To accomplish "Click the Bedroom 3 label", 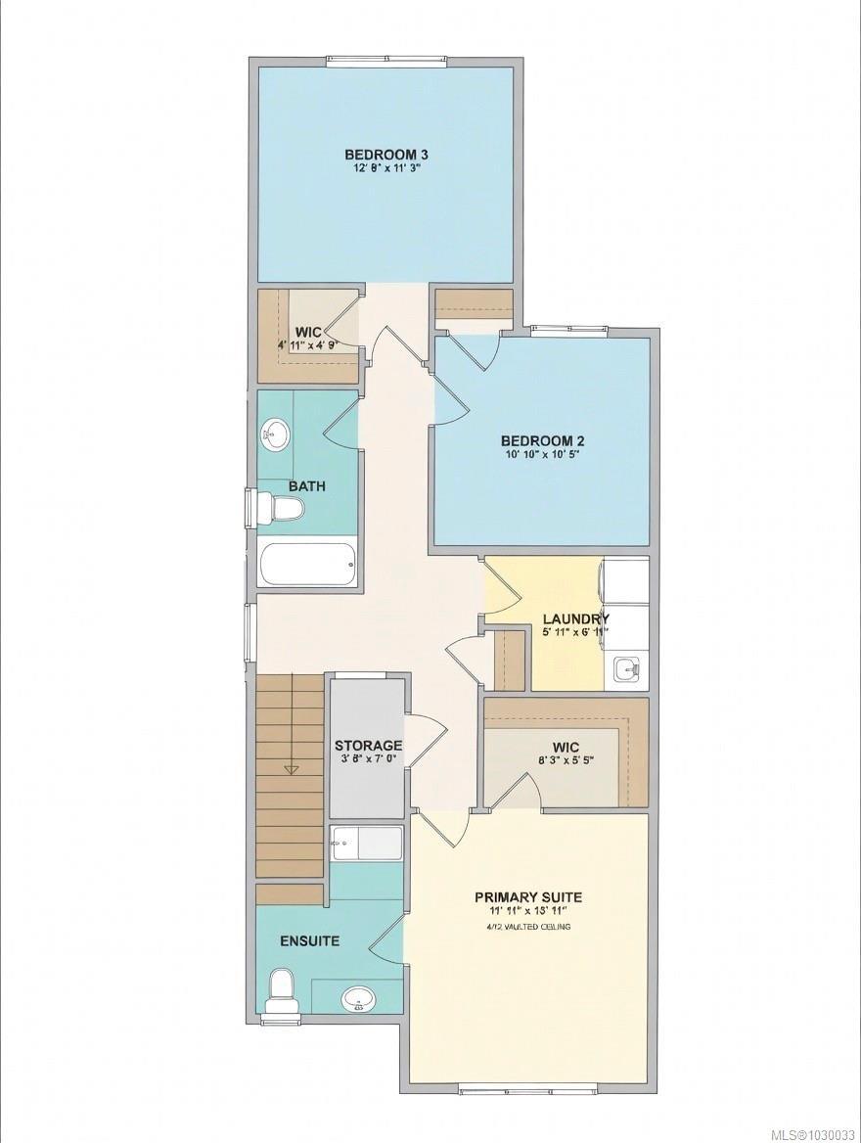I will click(386, 154).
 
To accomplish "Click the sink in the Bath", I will click(276, 434).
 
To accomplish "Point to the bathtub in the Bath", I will click(307, 565).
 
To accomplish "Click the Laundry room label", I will click(576, 618).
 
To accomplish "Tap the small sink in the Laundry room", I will click(625, 670).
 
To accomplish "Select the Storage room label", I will click(368, 746).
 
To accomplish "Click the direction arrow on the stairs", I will click(291, 769).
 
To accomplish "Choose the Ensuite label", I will click(309, 941).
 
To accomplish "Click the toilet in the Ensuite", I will click(280, 990).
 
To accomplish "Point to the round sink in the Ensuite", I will click(357, 999).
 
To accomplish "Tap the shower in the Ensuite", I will click(367, 844).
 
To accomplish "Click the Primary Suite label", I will click(528, 896).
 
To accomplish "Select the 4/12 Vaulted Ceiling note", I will click(528, 926).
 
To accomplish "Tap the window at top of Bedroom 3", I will click(387, 63).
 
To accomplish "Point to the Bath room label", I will click(307, 486).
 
